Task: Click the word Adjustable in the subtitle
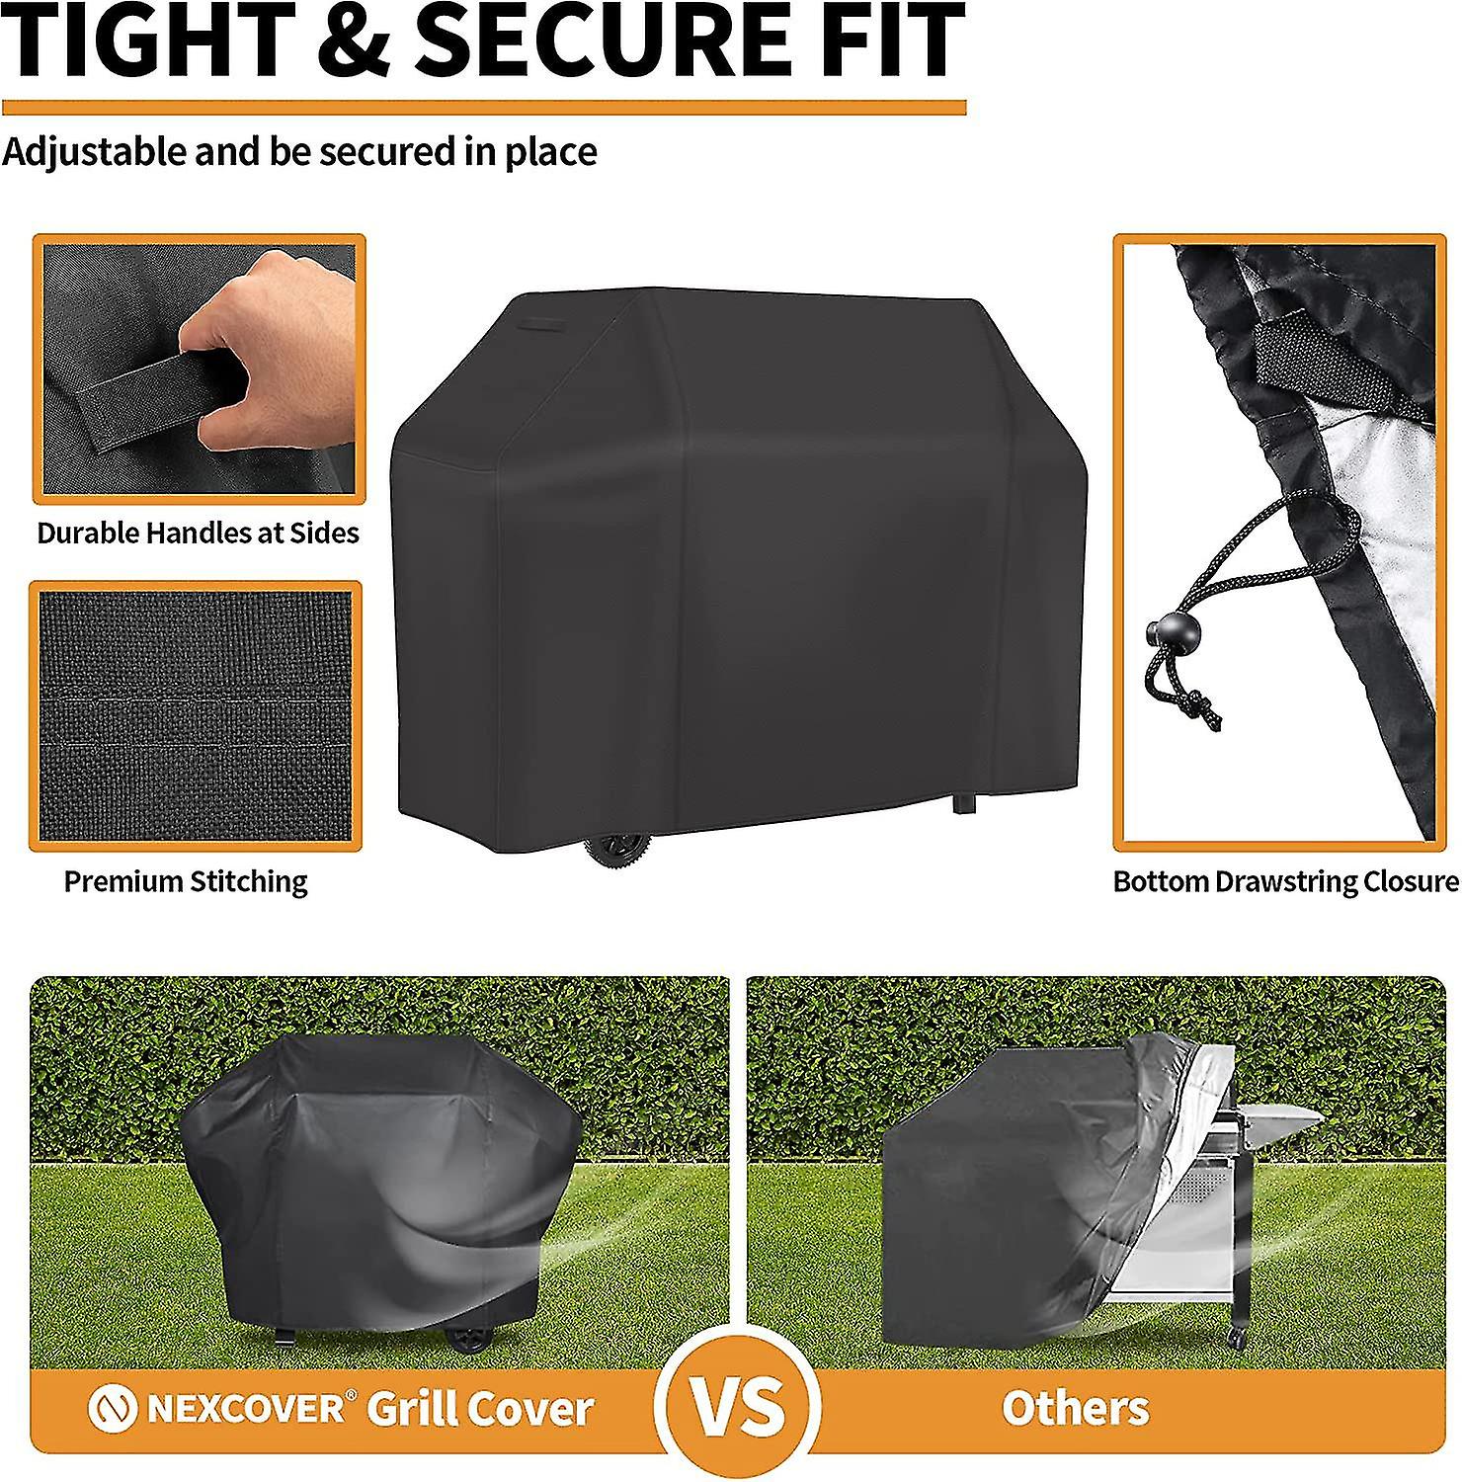click(x=94, y=152)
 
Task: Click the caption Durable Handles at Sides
click(x=198, y=534)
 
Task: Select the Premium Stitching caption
click(x=186, y=881)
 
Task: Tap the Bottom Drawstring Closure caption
click(x=1285, y=881)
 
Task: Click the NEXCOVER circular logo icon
click(x=113, y=1410)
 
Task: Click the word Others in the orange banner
click(x=1076, y=1408)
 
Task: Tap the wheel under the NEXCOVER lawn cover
click(x=468, y=1339)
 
